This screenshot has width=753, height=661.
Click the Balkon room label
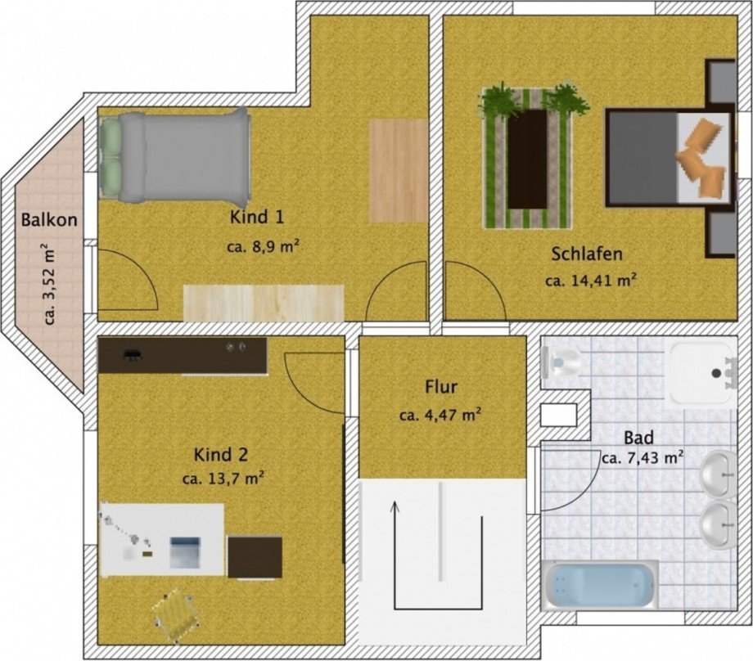49,220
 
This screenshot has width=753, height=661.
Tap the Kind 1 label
257,217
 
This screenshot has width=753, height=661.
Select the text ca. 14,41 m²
591,280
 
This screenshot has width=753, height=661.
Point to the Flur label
441,386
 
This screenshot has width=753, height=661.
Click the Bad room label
638,438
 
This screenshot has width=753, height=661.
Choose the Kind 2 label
220,454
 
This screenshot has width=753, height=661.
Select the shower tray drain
717,372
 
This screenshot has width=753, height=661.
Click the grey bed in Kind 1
175,155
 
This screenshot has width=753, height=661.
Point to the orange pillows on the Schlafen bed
701,159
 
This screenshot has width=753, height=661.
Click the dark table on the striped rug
527,159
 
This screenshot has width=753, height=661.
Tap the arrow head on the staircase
395,507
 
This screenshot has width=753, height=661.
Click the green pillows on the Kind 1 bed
110,158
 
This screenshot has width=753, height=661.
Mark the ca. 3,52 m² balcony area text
49,285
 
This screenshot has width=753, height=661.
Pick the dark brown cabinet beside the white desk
255,557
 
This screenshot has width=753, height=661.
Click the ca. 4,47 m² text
440,416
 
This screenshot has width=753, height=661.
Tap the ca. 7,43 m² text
643,458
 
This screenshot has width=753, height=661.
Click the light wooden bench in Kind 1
264,303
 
